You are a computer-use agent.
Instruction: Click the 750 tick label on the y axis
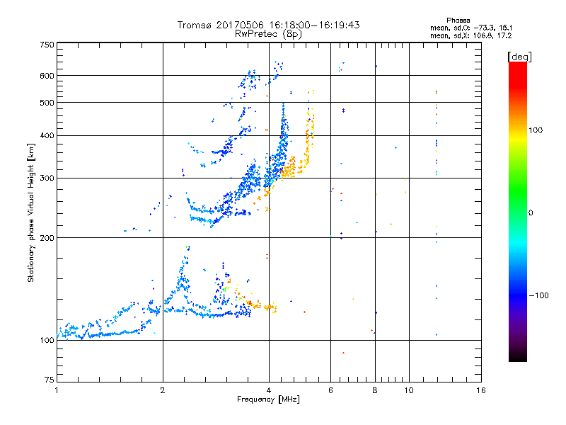tap(47, 45)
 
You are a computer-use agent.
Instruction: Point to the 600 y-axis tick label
tap(47, 76)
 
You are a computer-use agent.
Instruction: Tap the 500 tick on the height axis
tap(47, 103)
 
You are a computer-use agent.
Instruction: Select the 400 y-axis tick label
tap(47, 135)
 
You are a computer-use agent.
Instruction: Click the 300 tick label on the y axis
tap(47, 178)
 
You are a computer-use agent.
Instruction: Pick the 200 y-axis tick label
tap(47, 237)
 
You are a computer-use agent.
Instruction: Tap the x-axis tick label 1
tap(57, 390)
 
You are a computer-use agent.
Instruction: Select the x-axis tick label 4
tap(269, 390)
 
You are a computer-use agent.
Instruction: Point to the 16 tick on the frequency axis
tap(481, 390)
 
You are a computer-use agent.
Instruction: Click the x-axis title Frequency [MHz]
tap(269, 399)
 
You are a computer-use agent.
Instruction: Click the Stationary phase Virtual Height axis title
tap(31, 212)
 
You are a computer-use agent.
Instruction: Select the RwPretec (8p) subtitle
tap(269, 33)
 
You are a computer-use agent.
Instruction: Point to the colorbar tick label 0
tap(531, 212)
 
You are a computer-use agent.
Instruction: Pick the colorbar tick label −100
tap(539, 295)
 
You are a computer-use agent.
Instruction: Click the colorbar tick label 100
tap(536, 130)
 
